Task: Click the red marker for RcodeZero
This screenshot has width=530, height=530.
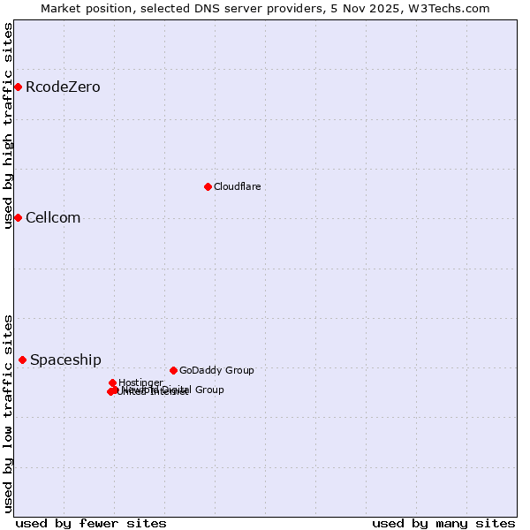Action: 18,87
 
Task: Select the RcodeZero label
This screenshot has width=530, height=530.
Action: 63,87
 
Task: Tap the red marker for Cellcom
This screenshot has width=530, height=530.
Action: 18,217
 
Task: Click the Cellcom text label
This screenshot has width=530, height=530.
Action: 53,217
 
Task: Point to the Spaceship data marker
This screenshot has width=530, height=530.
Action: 22,360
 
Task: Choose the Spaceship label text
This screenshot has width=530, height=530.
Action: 65,360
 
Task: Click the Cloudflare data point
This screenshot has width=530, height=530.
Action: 208,186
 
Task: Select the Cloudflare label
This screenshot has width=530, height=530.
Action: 237,186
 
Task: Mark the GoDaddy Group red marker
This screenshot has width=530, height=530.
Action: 173,370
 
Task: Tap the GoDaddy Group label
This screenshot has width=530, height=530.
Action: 216,370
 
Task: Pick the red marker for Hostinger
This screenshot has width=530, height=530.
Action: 112,382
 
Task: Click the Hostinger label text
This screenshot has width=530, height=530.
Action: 140,382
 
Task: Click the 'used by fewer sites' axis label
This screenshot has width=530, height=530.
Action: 91,523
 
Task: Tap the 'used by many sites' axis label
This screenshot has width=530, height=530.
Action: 443,523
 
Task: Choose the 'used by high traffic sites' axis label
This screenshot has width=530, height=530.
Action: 8,125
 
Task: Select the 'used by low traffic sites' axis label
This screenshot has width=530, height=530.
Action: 8,413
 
